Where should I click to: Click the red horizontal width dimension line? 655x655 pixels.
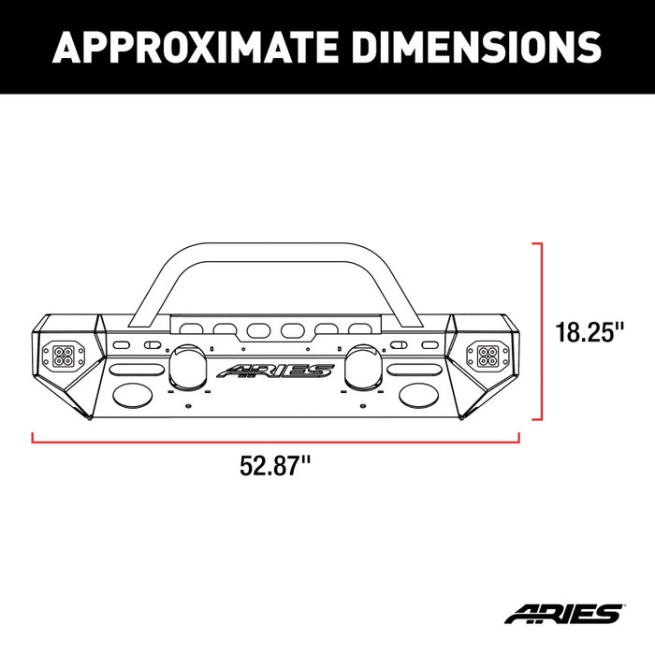pos(276,436)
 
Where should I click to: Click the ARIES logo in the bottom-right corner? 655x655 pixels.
pos(563,614)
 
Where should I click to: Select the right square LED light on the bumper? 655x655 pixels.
pos(488,356)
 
